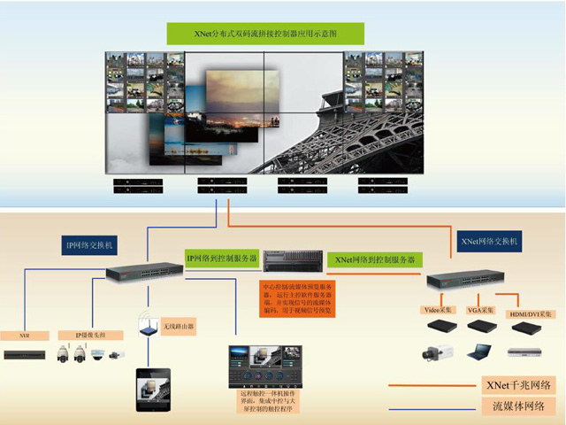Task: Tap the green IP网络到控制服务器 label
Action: (221, 259)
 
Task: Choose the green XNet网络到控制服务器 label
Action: (374, 259)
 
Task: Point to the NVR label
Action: (24, 336)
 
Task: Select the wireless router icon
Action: (149, 327)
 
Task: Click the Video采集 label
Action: (439, 310)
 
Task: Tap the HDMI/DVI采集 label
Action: (530, 313)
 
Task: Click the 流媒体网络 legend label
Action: (517, 406)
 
